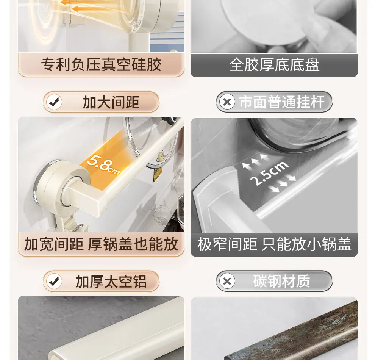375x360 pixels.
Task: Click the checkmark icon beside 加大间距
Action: coord(54,102)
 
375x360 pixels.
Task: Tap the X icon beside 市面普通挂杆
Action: coord(227,102)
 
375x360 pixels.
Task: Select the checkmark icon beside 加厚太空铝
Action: coord(54,281)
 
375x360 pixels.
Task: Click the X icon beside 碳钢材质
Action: coord(227,281)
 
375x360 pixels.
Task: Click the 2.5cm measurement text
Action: coord(269,174)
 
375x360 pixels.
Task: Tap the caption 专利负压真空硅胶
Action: coord(101,64)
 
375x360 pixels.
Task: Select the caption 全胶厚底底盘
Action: coord(274,64)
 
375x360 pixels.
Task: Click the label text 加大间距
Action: coord(111,102)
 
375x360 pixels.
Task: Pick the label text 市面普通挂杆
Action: coord(282,102)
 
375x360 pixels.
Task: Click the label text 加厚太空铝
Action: coord(111,282)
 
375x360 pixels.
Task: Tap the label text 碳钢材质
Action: coord(281,281)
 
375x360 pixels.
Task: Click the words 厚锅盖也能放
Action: coord(133,244)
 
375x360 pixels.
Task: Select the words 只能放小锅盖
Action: coord(306,244)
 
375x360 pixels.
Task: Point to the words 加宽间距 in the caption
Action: coord(54,244)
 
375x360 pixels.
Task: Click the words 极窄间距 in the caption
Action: coord(227,244)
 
